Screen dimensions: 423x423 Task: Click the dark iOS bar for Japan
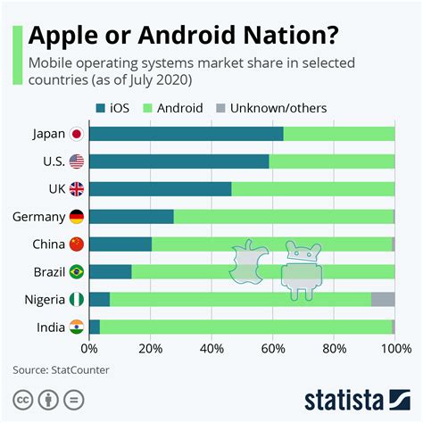[x=187, y=134]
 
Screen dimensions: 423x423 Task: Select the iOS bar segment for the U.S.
[x=179, y=162]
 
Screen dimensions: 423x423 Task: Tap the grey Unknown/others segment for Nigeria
[x=383, y=299]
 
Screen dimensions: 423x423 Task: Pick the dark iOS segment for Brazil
[x=111, y=271]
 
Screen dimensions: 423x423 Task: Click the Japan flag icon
[x=77, y=134]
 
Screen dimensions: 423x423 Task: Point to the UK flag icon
[x=77, y=189]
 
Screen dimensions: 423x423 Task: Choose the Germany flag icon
[x=77, y=217]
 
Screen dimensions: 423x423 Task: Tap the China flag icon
[x=77, y=245]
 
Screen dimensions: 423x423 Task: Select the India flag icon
[x=77, y=327]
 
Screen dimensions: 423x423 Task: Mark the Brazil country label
[x=46, y=271]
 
